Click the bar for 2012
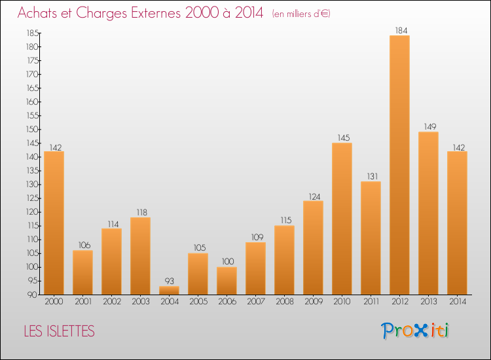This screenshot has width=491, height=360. point(399,165)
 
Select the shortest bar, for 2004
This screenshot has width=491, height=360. point(169,291)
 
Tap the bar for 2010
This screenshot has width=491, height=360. point(342,219)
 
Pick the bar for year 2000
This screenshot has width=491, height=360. point(54,223)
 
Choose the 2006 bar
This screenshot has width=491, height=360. point(227,281)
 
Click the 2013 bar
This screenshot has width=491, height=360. point(428,213)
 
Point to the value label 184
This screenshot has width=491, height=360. point(401,30)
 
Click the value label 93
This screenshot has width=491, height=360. point(170,281)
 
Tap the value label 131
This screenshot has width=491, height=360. point(373,176)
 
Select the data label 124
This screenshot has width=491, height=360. point(315,196)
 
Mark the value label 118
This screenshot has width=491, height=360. point(142,212)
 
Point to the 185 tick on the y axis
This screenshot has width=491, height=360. point(33,33)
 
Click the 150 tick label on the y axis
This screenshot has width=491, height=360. point(33,130)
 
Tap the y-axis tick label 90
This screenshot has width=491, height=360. point(33,295)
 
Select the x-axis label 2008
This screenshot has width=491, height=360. point(285,301)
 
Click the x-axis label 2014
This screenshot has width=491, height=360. point(458,301)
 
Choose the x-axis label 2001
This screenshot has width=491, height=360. point(83,301)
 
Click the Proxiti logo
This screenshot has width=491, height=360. point(415,331)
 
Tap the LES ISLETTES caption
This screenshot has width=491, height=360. point(59,331)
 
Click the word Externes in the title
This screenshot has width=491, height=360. point(156,12)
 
